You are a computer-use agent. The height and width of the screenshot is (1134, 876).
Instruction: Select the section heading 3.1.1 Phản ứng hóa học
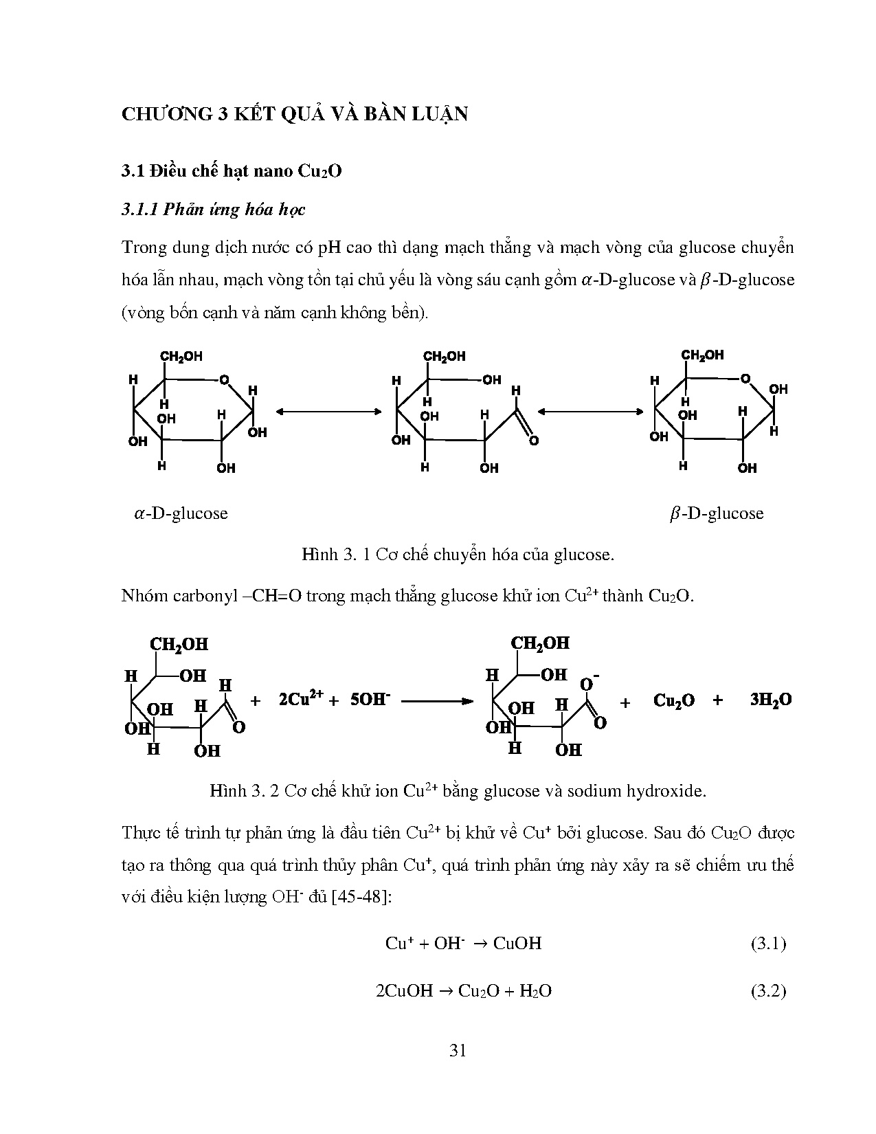click(x=213, y=210)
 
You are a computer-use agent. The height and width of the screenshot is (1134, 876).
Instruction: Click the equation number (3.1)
click(x=767, y=943)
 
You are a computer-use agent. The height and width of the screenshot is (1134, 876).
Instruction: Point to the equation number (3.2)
click(x=767, y=990)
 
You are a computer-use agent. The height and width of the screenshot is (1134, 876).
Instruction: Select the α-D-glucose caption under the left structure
click(x=181, y=513)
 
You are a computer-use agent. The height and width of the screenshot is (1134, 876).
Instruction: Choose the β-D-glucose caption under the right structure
click(x=716, y=513)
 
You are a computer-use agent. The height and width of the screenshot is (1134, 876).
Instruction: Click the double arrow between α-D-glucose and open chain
click(x=328, y=411)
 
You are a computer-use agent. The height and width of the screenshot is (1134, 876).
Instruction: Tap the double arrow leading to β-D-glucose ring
click(x=590, y=411)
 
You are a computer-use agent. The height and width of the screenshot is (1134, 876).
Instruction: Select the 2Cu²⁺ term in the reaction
click(x=301, y=699)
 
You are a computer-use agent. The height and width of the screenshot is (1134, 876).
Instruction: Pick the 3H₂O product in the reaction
click(x=770, y=700)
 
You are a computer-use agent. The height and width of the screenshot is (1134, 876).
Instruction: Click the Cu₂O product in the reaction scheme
click(x=673, y=700)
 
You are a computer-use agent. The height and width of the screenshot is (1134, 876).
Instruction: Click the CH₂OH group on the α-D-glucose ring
click(x=181, y=357)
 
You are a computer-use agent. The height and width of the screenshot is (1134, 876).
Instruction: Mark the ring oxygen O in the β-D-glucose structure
click(x=745, y=379)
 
